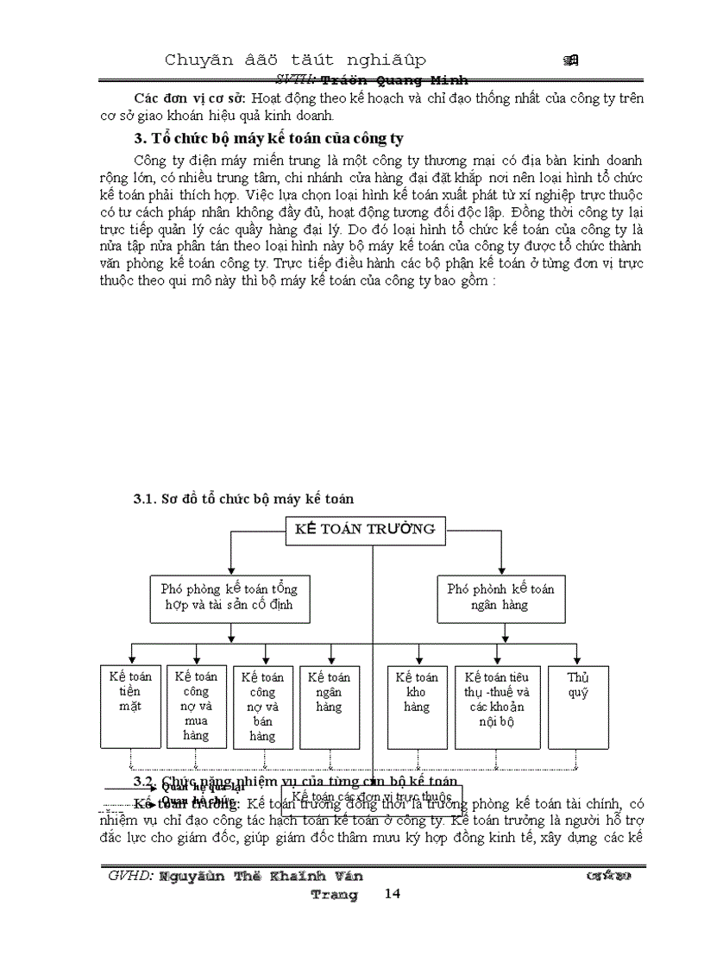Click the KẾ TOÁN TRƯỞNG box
(366, 530)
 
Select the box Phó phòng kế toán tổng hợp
(229, 597)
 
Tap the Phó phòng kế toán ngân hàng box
(500, 597)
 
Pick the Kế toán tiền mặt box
(129, 706)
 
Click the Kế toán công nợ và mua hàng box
(196, 706)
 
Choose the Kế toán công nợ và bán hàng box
(262, 706)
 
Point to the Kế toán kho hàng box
(417, 706)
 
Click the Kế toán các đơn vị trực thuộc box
(372, 796)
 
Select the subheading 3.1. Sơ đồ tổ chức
(243, 499)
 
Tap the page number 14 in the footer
(393, 894)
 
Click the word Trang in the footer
(334, 895)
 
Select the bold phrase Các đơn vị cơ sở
(182, 99)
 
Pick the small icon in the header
(570, 60)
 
